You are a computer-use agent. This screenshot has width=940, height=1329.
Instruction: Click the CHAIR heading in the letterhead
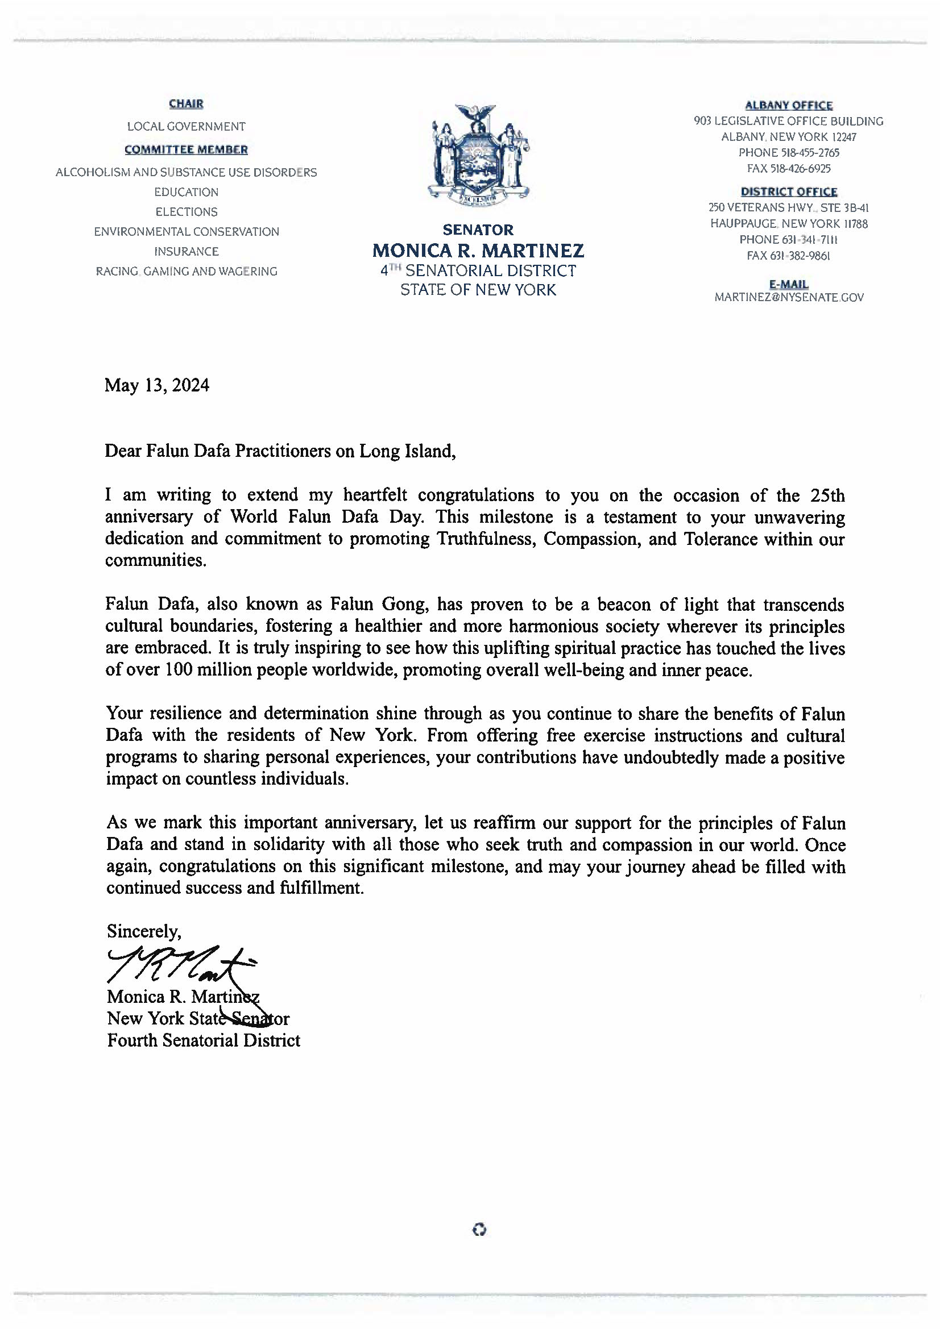tap(186, 104)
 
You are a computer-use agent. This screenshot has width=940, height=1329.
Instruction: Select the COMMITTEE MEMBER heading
tap(186, 149)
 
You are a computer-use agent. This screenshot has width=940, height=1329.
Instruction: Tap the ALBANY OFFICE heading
tap(788, 105)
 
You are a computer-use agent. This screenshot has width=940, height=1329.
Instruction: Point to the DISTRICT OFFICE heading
tap(788, 191)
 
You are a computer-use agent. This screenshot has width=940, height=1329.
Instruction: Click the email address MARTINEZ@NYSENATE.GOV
tap(789, 298)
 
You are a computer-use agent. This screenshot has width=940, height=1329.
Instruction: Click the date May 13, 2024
tap(156, 385)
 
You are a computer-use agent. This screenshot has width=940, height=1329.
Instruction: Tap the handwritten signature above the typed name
tap(180, 964)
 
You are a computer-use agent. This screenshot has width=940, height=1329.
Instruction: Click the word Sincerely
tap(144, 931)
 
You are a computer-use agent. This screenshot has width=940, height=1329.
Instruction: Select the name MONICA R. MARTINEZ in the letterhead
tap(478, 251)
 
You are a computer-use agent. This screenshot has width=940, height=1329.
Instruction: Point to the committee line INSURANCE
tap(186, 251)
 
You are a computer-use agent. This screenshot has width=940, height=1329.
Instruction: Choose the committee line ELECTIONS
tap(186, 212)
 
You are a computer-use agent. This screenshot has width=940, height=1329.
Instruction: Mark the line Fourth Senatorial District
tap(203, 1040)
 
